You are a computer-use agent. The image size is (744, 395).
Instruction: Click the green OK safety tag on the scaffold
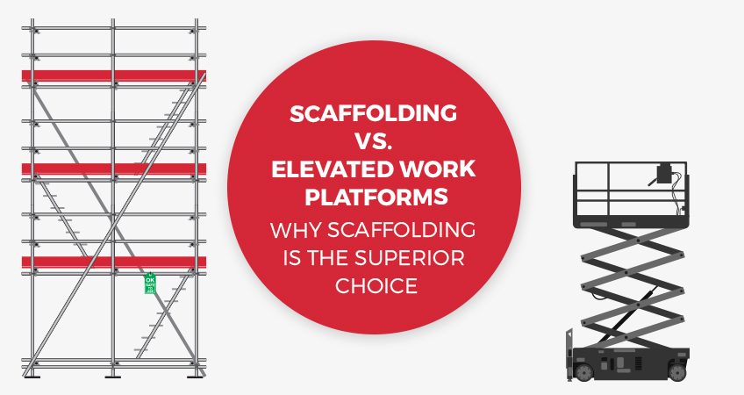(x=149, y=284)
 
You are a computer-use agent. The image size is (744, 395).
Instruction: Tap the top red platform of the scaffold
(x=114, y=75)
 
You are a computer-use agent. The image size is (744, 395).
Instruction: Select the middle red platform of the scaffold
(x=114, y=169)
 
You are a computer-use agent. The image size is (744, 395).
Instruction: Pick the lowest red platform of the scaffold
(x=114, y=262)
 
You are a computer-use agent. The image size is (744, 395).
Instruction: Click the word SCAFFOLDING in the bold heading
(x=374, y=115)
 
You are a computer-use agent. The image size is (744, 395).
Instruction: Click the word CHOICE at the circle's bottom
(x=374, y=286)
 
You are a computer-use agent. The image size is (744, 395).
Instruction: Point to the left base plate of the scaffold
(x=32, y=375)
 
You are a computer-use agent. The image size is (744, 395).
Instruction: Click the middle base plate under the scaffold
(x=113, y=375)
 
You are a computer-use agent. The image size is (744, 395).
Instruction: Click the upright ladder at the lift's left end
(x=571, y=347)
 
